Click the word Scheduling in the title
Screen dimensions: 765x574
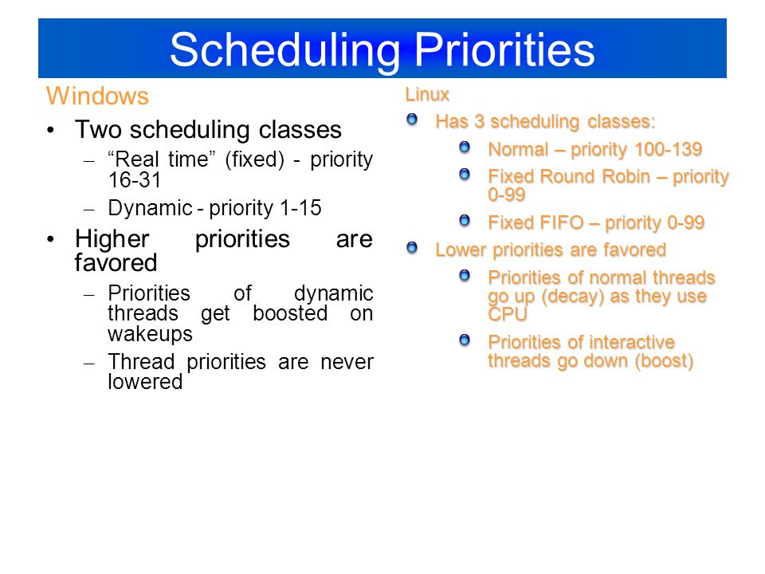pos(285,51)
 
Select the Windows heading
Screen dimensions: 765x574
pos(97,96)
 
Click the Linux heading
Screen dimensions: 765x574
pos(427,94)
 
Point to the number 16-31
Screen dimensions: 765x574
pos(135,180)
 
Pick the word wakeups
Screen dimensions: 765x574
pos(150,334)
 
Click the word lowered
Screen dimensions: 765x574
pos(145,382)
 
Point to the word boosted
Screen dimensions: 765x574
pos(290,313)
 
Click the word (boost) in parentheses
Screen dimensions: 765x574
pos(664,360)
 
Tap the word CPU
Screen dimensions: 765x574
pos(508,314)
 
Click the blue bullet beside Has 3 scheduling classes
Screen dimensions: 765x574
pos(412,119)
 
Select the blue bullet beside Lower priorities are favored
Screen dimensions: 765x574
pos(412,248)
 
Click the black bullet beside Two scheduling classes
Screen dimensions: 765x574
pos(51,130)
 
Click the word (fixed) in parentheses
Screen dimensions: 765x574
pos(254,159)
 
